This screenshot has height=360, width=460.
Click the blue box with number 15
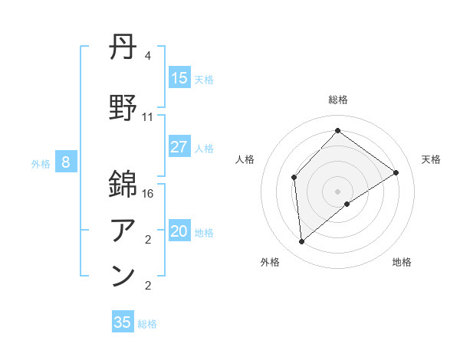[179, 78]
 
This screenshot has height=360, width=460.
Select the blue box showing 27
[179, 147]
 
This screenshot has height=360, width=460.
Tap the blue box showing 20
[179, 232]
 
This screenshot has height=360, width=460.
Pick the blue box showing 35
[123, 322]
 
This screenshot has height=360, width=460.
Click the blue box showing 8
[66, 162]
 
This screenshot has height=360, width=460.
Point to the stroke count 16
[149, 194]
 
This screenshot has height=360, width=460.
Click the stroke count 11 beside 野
[148, 117]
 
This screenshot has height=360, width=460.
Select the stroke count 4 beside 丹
[148, 56]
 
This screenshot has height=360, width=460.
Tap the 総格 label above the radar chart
[337, 100]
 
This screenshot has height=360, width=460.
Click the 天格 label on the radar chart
[431, 159]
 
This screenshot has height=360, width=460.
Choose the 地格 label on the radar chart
[402, 263]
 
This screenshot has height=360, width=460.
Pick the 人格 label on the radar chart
[245, 159]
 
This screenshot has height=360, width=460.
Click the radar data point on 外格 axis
[302, 242]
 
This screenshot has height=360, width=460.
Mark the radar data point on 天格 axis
[396, 172]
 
